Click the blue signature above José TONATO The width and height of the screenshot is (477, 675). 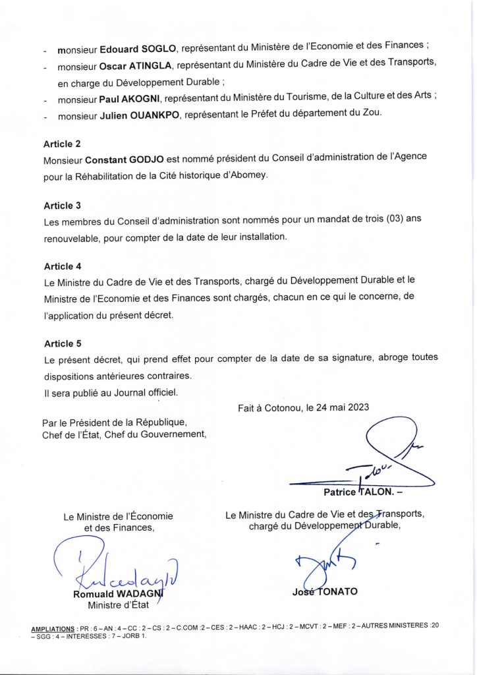(x=325, y=564)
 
